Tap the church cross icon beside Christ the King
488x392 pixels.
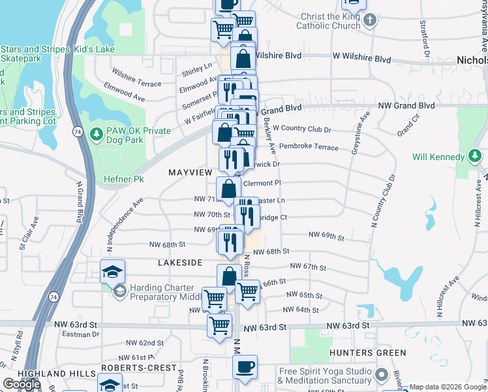pyautogui.click(x=370, y=20)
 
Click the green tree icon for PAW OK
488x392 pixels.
pyautogui.click(x=97, y=133)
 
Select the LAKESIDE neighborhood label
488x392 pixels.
pyautogui.click(x=180, y=262)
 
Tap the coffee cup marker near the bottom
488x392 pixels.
pyautogui.click(x=245, y=367)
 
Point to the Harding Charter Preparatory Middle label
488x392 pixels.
pyautogui.click(x=162, y=292)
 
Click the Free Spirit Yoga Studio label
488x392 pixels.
pyautogui.click(x=325, y=376)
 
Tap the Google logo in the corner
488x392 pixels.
pyautogui.click(x=22, y=384)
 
